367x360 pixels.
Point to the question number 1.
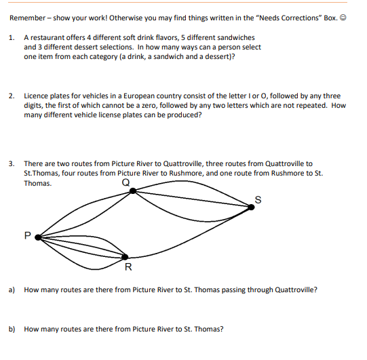click(x=12, y=37)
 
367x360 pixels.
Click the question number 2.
click(x=12, y=96)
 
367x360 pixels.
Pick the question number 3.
click(x=12, y=163)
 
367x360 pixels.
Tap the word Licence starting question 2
click(x=36, y=96)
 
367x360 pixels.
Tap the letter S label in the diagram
click(x=257, y=198)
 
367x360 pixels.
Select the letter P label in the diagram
click(x=26, y=236)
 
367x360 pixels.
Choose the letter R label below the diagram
click(x=128, y=266)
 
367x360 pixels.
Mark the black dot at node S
click(x=251, y=207)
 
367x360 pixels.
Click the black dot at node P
click(x=37, y=237)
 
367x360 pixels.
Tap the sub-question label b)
click(x=12, y=329)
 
